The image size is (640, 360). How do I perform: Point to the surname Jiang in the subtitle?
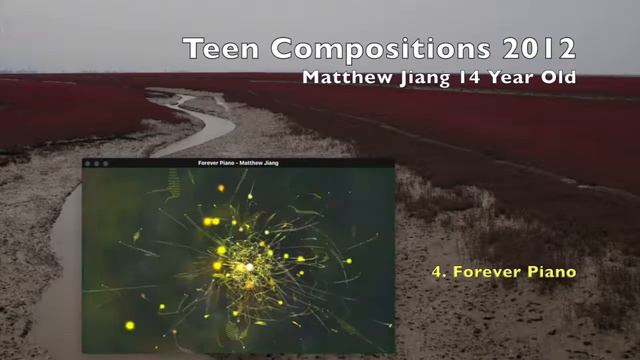(x=431, y=77)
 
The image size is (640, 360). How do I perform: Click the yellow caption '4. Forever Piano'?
(x=503, y=271)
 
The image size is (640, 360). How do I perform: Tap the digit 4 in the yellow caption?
(x=436, y=271)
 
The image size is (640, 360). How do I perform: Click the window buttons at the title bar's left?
(x=96, y=163)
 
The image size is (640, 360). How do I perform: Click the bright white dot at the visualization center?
(x=249, y=267)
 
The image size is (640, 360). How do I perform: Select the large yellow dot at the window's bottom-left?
(x=130, y=325)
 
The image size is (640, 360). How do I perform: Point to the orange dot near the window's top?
(x=221, y=187)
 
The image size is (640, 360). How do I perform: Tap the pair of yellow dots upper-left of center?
(x=211, y=221)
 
